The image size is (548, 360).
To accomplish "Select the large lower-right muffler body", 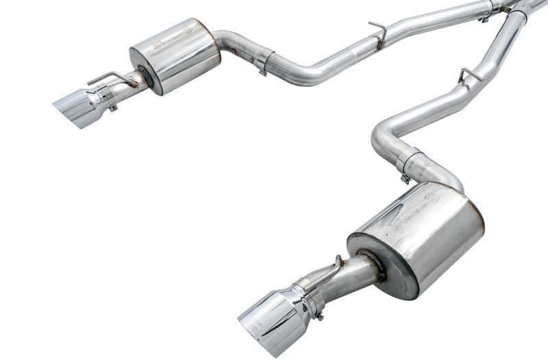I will pos(418,236).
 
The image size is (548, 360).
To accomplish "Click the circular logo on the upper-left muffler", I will pos(188,31).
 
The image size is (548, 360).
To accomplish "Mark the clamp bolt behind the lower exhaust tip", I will pos(318,314).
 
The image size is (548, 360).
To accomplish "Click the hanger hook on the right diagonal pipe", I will pos(469,74).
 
